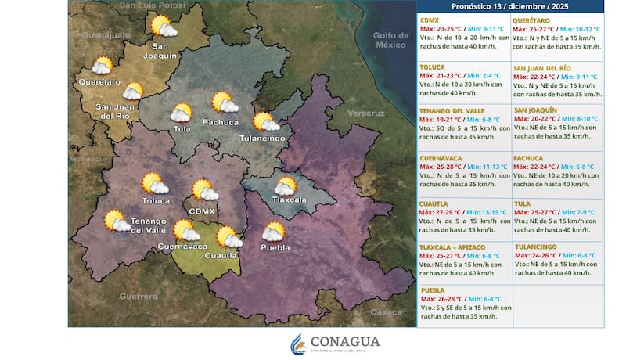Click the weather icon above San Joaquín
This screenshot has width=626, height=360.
point(164,28)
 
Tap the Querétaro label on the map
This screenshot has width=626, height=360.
point(99,81)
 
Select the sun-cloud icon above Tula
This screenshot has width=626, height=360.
point(182,113)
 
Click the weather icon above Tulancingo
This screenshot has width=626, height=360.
point(266,122)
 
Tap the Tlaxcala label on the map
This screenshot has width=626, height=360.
point(289,200)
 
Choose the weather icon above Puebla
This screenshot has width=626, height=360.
point(274,232)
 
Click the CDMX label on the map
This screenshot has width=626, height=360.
point(203,211)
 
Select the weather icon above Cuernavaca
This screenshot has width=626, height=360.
point(186,230)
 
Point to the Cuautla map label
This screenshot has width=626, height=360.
point(221,255)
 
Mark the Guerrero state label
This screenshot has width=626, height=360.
point(139,296)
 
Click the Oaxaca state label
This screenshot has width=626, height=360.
point(386,311)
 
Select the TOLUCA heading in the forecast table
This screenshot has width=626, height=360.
point(432,67)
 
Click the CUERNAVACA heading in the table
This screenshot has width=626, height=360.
point(441,158)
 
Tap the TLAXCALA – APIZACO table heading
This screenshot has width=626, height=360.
point(452,247)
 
